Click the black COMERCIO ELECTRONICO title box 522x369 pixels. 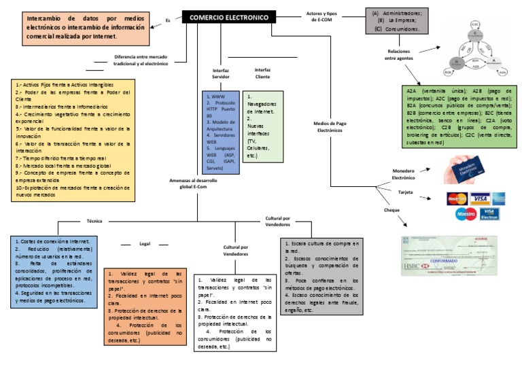point(228,17)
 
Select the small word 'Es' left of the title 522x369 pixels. point(168,20)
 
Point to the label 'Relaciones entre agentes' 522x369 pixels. point(400,54)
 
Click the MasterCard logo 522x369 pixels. point(457,199)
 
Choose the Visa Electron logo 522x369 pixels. point(489,214)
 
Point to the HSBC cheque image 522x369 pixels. point(454,256)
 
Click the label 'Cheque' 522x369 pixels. point(393,210)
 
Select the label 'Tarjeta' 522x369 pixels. point(406,193)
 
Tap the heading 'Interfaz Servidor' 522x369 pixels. point(221,73)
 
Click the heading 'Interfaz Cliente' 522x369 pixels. point(262,73)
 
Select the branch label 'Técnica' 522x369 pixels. point(94,221)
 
